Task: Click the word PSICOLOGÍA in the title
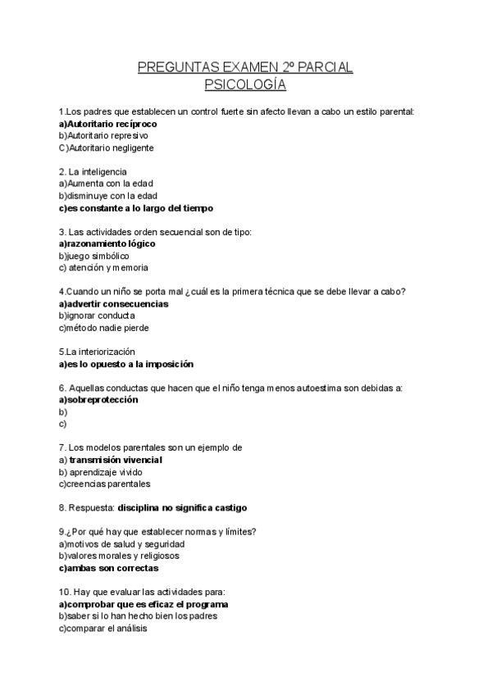click(x=245, y=84)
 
